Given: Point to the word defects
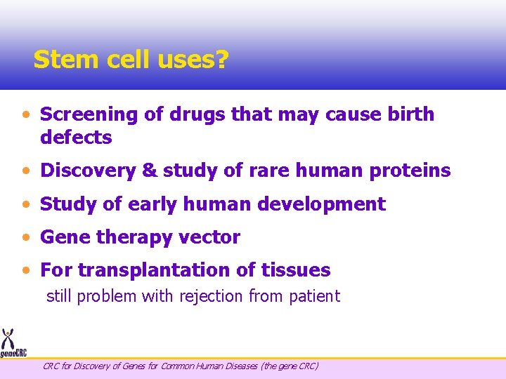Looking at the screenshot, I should (x=76, y=138).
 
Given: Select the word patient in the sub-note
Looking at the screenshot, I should (x=314, y=296).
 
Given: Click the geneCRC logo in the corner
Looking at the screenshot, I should (x=12, y=343).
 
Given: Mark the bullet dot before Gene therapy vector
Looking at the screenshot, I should (x=26, y=238).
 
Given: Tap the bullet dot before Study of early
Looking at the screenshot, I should (x=26, y=205).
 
